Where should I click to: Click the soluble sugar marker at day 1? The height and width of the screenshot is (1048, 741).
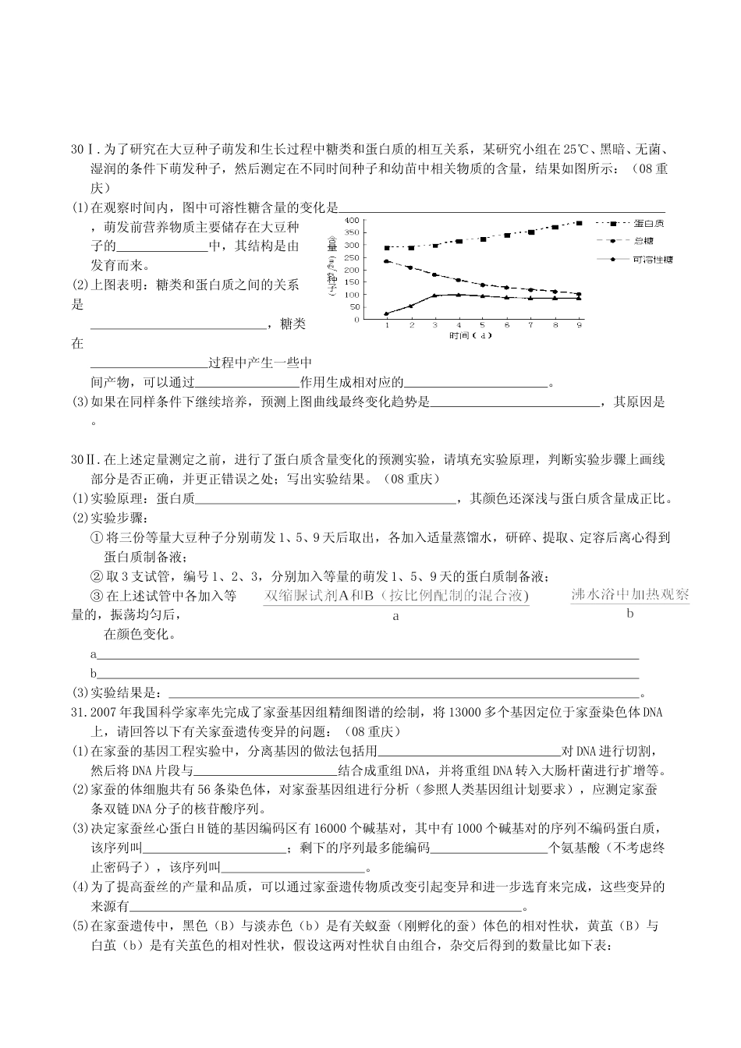[387, 314]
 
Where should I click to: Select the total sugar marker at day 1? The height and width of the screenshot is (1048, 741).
[387, 261]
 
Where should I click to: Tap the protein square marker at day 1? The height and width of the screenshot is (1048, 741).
[387, 248]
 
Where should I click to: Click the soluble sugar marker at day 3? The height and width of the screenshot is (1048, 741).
[435, 296]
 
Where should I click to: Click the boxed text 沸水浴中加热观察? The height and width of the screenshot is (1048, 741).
[630, 594]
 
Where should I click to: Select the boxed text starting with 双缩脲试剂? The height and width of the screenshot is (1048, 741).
[396, 596]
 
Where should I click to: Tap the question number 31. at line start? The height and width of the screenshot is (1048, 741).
[78, 713]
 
